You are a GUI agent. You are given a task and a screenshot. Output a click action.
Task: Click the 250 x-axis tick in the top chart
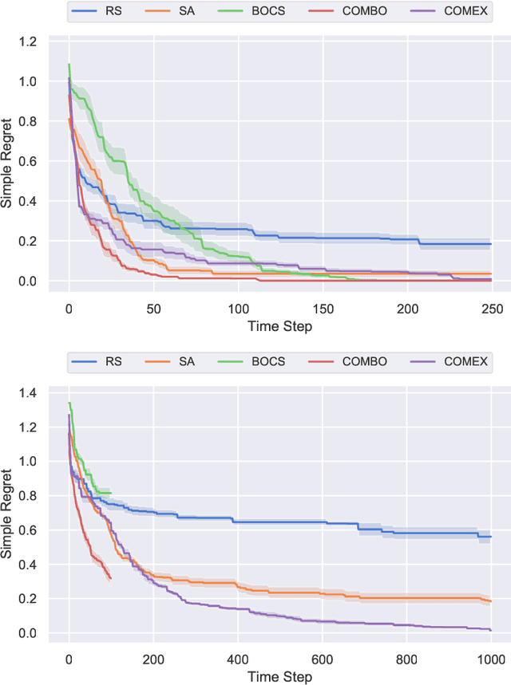click(492, 308)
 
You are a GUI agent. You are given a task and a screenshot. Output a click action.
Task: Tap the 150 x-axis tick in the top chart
click(323, 308)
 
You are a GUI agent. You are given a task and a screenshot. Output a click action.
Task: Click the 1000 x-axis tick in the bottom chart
click(490, 659)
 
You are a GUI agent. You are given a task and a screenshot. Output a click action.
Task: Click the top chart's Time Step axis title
click(279, 327)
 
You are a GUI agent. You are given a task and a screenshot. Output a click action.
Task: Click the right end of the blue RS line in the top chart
click(491, 244)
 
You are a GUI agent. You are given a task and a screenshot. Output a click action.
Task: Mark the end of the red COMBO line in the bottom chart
click(110, 578)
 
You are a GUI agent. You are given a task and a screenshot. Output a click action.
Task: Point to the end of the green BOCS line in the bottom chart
click(110, 493)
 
